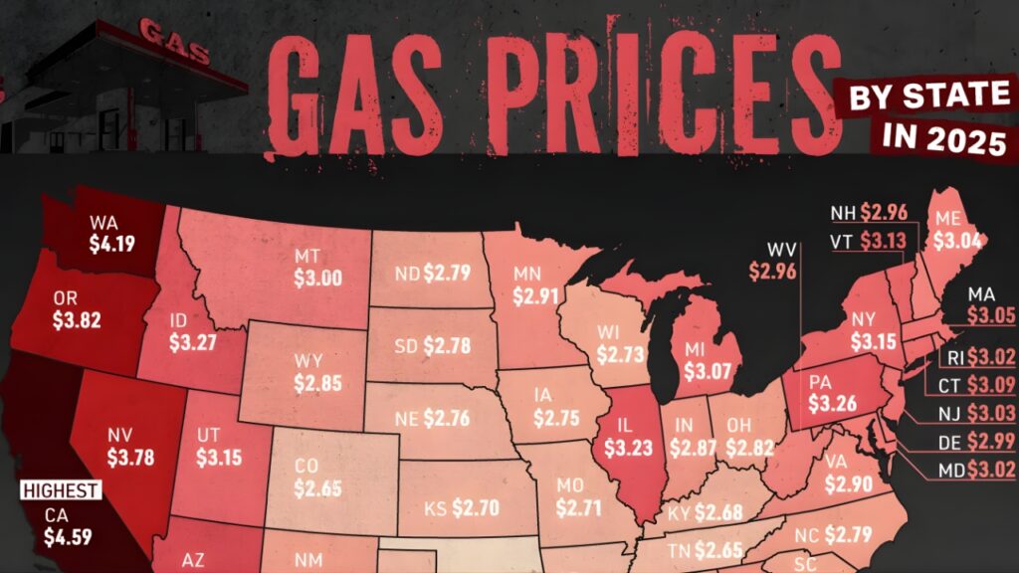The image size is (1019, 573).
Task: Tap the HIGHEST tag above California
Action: tap(61, 490)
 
